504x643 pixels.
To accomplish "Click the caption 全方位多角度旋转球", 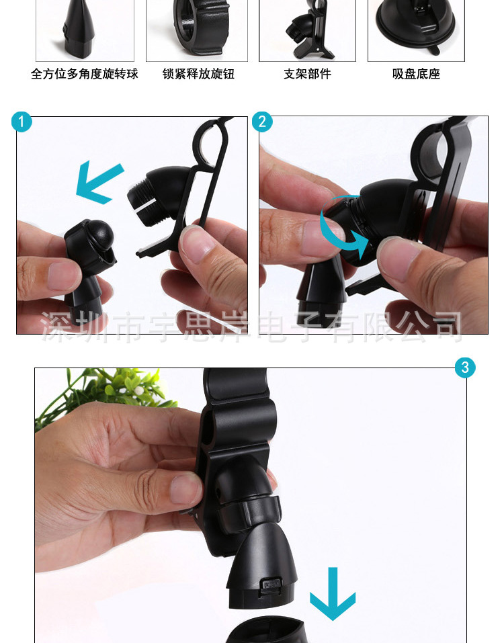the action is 85,74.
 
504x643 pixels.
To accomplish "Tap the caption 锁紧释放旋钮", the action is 198,74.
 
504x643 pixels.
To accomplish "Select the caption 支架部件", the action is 307,74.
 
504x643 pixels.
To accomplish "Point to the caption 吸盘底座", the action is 416,74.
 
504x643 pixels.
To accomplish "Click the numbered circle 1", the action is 22,122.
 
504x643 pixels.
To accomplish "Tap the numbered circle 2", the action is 262,122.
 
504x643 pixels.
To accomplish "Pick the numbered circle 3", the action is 465,368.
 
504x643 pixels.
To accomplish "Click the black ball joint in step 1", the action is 98,233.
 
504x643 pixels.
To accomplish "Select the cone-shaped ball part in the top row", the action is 79,29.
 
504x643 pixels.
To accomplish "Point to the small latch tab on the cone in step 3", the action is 271,584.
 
